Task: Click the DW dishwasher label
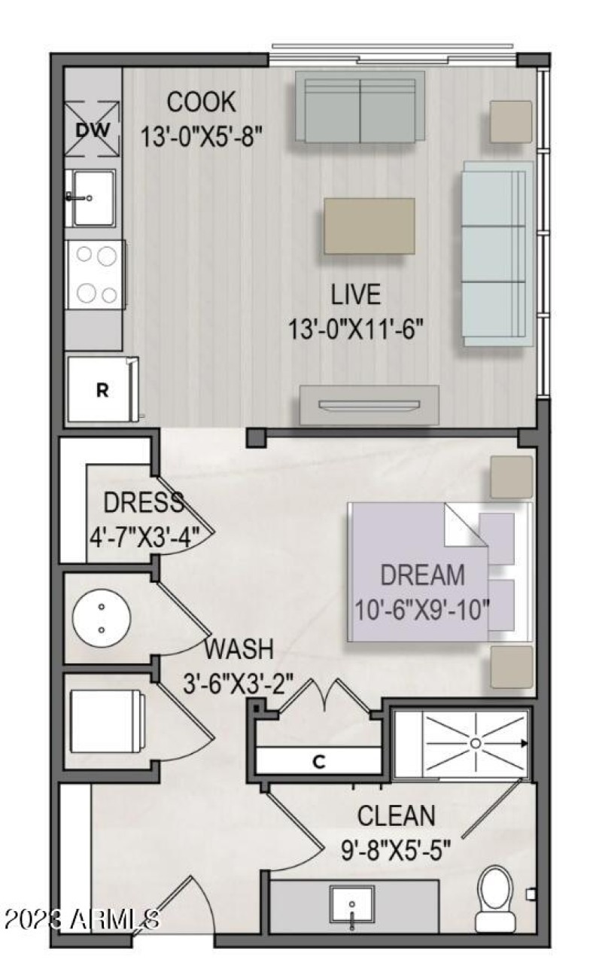pos(93,130)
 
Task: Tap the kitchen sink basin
pos(93,198)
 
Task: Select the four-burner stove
pos(96,274)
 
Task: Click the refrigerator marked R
pos(102,389)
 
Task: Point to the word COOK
pos(201,102)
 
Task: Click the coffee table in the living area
pos(369,226)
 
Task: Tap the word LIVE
pos(356,294)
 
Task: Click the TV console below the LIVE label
pos(369,404)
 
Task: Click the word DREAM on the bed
pos(423,574)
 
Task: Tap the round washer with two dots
pos(102,618)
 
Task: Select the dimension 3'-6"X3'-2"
pos(239,683)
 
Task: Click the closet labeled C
pos(318,762)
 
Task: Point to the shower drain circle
pos(476,743)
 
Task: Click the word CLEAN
pos(397,815)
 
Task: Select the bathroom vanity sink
pos(352,904)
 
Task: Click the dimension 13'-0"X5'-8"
pos(201,136)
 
